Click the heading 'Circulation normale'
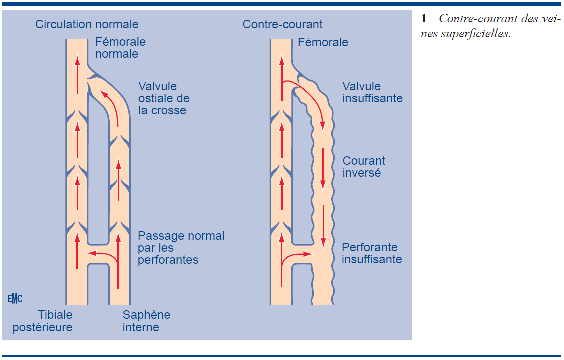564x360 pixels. pos(87,24)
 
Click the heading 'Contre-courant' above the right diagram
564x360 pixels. pos(282,24)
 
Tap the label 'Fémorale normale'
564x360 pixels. pos(120,48)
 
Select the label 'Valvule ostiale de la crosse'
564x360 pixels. pos(164,98)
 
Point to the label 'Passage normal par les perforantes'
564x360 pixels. pos(181,248)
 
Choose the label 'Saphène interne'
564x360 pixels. pos(146,321)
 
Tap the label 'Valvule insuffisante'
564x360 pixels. pos(372,92)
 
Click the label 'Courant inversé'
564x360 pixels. pos(364,167)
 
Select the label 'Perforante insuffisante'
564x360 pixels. pos(372,253)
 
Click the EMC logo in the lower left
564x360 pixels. pos(15,299)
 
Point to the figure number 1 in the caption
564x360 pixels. pos(424,19)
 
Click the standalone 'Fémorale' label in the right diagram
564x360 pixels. pos(323,42)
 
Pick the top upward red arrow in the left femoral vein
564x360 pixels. pos(77,74)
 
